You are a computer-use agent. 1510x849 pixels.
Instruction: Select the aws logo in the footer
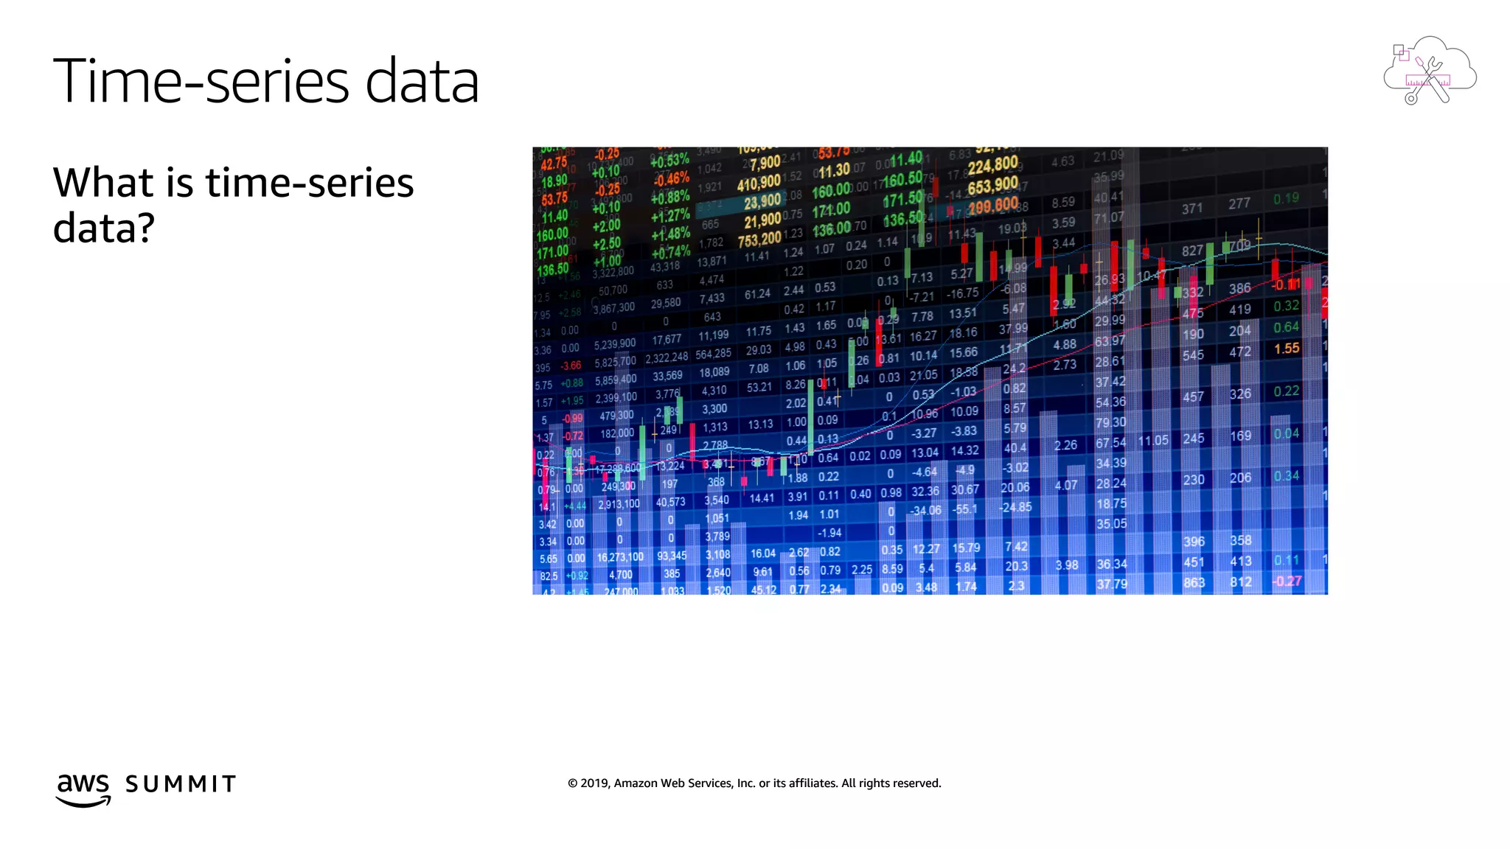pos(83,789)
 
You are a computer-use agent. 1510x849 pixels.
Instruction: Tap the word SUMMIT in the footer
pos(181,784)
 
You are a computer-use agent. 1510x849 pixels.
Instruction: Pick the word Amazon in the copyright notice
pos(636,783)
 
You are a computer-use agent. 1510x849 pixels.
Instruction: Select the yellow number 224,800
pos(992,165)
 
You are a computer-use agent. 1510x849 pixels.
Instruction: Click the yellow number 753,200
pos(759,240)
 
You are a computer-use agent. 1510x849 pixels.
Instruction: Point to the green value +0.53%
pos(669,160)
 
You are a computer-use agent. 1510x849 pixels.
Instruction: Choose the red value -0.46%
pos(670,179)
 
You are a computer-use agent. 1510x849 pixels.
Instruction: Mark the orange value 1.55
pos(1287,349)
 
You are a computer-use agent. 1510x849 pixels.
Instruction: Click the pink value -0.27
pos(1287,581)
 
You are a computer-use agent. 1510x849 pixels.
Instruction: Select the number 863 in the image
pos(1194,583)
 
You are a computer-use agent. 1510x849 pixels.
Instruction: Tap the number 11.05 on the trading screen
pos(1153,441)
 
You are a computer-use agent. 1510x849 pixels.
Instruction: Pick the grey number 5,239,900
pos(615,344)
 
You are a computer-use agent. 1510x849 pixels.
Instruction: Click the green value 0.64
pos(1286,327)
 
